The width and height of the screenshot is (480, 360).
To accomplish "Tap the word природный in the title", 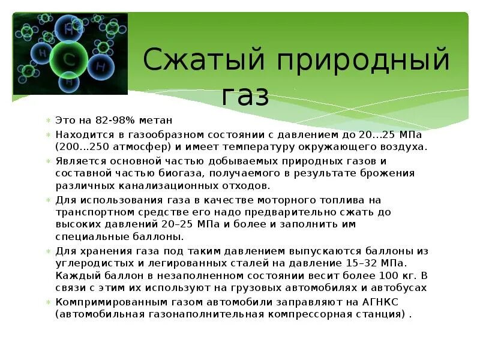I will [x=355, y=61].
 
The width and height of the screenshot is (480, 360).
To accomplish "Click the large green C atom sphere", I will [x=69, y=59].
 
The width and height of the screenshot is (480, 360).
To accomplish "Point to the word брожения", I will [x=393, y=173].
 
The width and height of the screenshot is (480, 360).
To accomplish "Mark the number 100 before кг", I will [x=366, y=275].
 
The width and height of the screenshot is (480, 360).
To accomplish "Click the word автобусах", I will [x=399, y=288].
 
